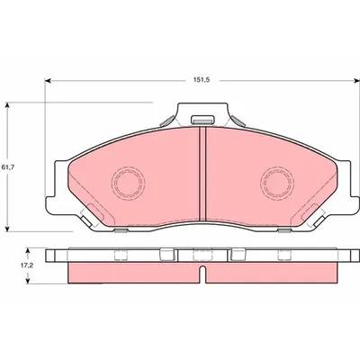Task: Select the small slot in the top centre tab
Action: click(203, 121)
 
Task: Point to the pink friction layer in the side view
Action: click(135, 271)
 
